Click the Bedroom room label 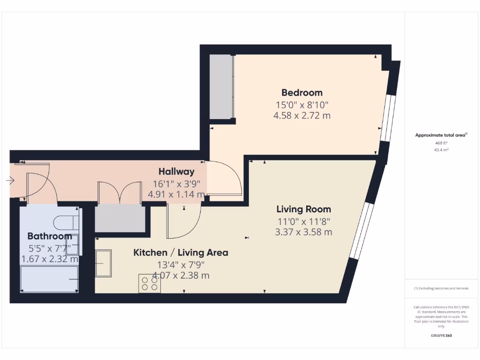pyautogui.click(x=302, y=92)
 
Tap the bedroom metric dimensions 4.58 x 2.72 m pyautogui.click(x=302, y=115)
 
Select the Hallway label pyautogui.click(x=176, y=172)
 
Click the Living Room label pyautogui.click(x=304, y=209)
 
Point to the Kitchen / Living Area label pyautogui.click(x=181, y=253)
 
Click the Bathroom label pyautogui.click(x=49, y=236)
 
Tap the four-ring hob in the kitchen pyautogui.click(x=149, y=283)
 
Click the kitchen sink pyautogui.click(x=104, y=263)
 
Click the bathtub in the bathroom pyautogui.click(x=49, y=279)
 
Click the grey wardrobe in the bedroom pyautogui.click(x=221, y=87)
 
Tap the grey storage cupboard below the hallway pyautogui.click(x=120, y=218)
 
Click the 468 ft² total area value pyautogui.click(x=441, y=143)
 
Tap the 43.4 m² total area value pyautogui.click(x=441, y=150)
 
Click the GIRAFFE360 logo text pyautogui.click(x=441, y=336)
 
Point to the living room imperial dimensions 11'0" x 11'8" pyautogui.click(x=304, y=221)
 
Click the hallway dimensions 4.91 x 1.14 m pyautogui.click(x=176, y=194)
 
